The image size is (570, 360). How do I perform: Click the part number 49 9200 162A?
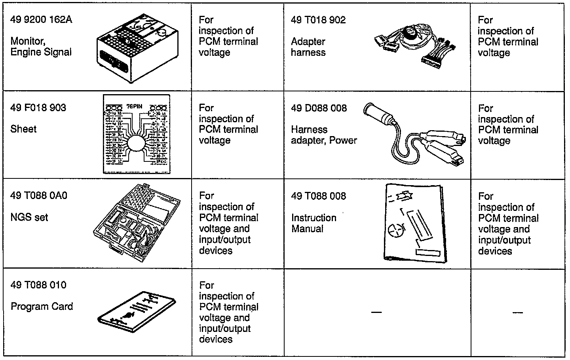click(x=41, y=20)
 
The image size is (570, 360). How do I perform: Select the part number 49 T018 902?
click(x=318, y=20)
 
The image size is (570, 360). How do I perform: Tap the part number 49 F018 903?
click(x=38, y=108)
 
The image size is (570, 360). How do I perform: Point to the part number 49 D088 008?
click(x=319, y=108)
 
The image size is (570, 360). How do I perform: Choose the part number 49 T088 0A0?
click(x=39, y=196)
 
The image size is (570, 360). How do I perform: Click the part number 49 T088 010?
click(x=38, y=285)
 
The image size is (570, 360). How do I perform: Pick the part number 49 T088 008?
click(x=319, y=196)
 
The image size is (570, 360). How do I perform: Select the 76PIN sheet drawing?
click(x=137, y=134)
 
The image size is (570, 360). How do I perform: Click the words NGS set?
click(x=29, y=217)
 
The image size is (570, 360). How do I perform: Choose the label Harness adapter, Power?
click(x=324, y=135)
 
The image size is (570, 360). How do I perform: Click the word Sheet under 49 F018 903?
click(x=23, y=129)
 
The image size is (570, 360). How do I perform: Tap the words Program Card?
click(x=42, y=307)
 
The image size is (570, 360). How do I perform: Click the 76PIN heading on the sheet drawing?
click(x=135, y=106)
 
